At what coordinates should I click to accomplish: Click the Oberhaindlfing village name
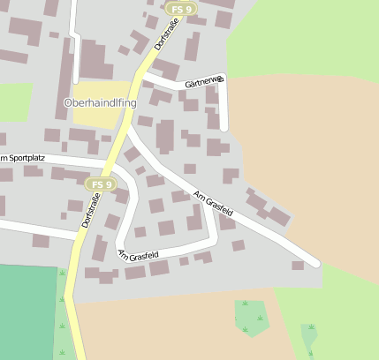click(x=100, y=103)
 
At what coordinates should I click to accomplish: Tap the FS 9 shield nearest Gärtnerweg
click(x=180, y=9)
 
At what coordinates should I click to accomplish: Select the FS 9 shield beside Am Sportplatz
click(x=101, y=184)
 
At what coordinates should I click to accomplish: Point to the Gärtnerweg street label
click(x=205, y=82)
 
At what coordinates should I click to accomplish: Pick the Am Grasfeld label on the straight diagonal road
click(x=213, y=204)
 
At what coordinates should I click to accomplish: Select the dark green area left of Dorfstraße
click(x=27, y=309)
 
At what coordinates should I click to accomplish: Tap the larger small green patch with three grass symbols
click(x=253, y=316)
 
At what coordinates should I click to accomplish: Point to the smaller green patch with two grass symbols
click(x=309, y=336)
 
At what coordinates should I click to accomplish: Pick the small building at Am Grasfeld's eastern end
click(x=299, y=265)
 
